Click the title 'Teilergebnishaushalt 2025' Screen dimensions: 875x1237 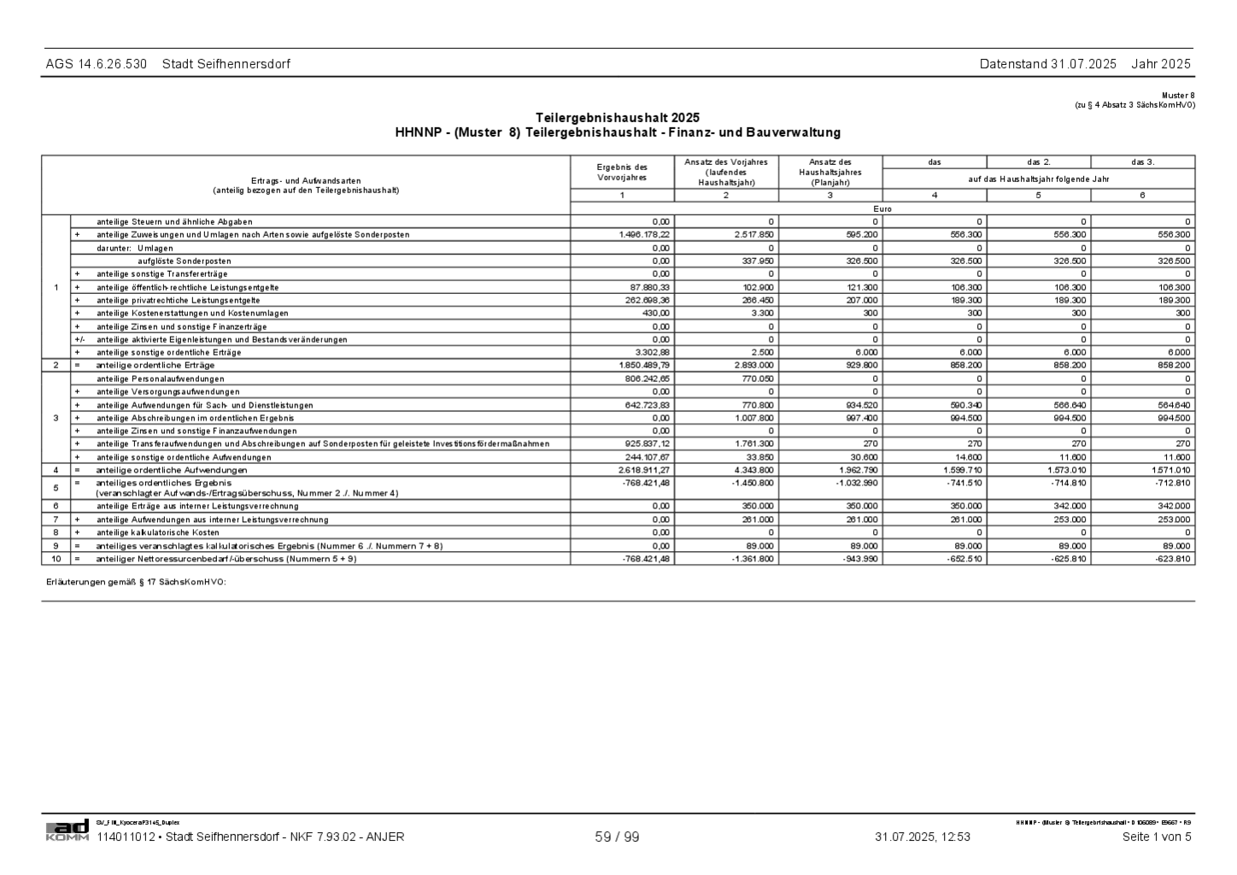[618, 118]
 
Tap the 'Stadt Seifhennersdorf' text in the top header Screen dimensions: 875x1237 [226, 64]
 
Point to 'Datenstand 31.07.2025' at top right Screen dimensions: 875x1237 [1047, 64]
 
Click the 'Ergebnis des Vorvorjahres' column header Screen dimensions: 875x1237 [622, 172]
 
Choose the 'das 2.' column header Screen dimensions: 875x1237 [1039, 161]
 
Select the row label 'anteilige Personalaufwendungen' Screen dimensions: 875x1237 [161, 379]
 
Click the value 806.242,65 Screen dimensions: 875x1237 [647, 379]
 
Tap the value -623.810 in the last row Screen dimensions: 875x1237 [1170, 559]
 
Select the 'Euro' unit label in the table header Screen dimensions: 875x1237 [882, 208]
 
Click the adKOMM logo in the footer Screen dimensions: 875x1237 [67, 831]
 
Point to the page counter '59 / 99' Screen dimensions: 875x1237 [617, 837]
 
